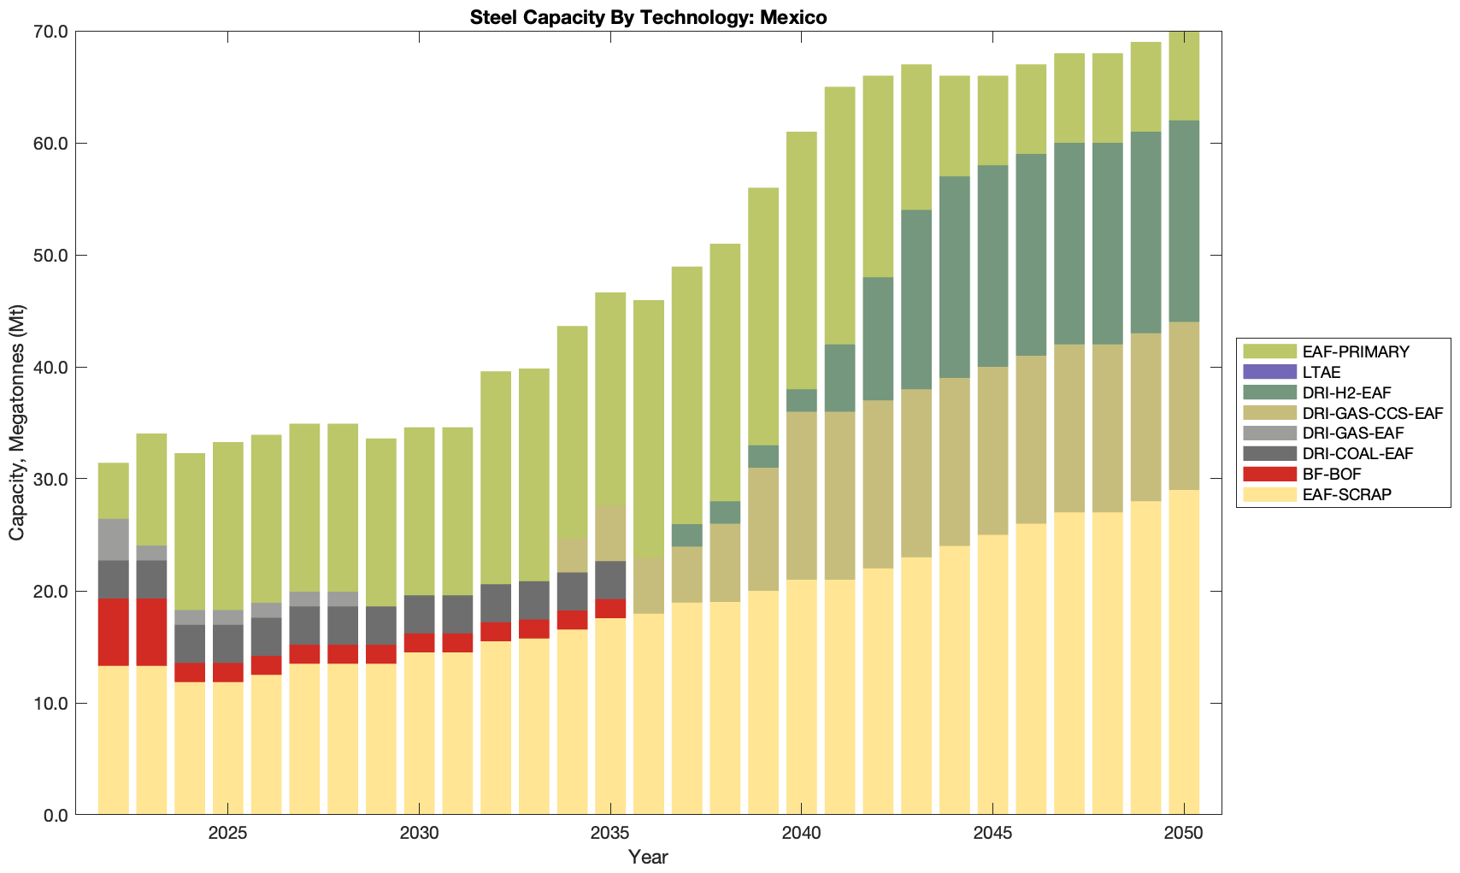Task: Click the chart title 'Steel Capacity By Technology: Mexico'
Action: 648,17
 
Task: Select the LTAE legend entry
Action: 1322,372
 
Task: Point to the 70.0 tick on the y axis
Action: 50,32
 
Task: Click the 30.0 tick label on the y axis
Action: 50,480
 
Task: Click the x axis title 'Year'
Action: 648,857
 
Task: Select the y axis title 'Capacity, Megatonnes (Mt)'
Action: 17,423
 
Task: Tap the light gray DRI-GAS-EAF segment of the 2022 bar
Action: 114,540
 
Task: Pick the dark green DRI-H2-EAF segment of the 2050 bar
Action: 1184,221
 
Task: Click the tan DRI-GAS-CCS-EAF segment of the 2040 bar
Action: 802,496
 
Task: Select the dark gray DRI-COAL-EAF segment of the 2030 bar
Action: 419,614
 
